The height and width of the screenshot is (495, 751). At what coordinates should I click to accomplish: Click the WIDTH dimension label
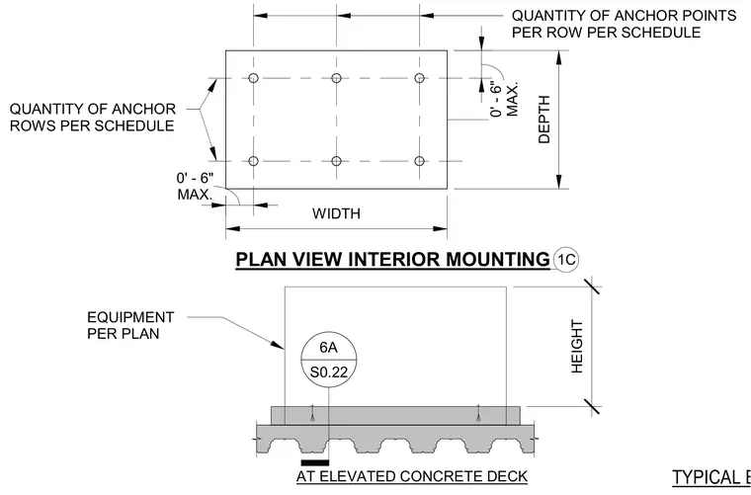click(x=336, y=213)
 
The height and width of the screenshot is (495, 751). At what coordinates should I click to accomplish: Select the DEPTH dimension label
click(x=544, y=120)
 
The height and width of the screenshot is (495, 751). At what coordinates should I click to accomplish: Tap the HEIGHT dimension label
click(x=577, y=347)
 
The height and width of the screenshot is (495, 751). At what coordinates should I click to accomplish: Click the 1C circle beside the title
click(x=565, y=260)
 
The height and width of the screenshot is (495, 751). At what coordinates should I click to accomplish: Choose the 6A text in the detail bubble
click(x=328, y=348)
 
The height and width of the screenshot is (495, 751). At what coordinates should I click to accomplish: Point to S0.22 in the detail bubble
click(x=329, y=371)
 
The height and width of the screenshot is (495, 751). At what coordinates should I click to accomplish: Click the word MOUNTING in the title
click(x=498, y=260)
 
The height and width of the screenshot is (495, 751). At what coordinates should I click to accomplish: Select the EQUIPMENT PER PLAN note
click(x=130, y=325)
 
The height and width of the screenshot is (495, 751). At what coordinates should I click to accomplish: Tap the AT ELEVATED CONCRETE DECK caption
click(x=412, y=477)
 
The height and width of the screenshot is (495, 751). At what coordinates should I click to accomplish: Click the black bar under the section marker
click(x=315, y=462)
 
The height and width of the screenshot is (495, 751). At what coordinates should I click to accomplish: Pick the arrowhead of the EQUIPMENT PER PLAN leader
click(x=279, y=345)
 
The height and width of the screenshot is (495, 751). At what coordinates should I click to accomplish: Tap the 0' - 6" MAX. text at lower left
click(x=195, y=186)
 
